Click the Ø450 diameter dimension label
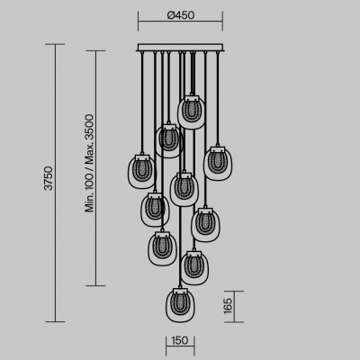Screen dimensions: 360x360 181,14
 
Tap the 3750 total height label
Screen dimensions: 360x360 49,178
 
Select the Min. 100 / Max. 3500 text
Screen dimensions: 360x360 89,163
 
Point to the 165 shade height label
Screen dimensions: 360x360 228,306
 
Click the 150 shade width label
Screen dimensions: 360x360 180,340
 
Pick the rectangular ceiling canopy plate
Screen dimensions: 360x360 180,48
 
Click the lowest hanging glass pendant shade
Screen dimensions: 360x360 181,305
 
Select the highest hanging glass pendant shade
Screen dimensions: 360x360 192,112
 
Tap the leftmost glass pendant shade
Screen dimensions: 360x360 142,172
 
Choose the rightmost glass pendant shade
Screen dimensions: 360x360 218,164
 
